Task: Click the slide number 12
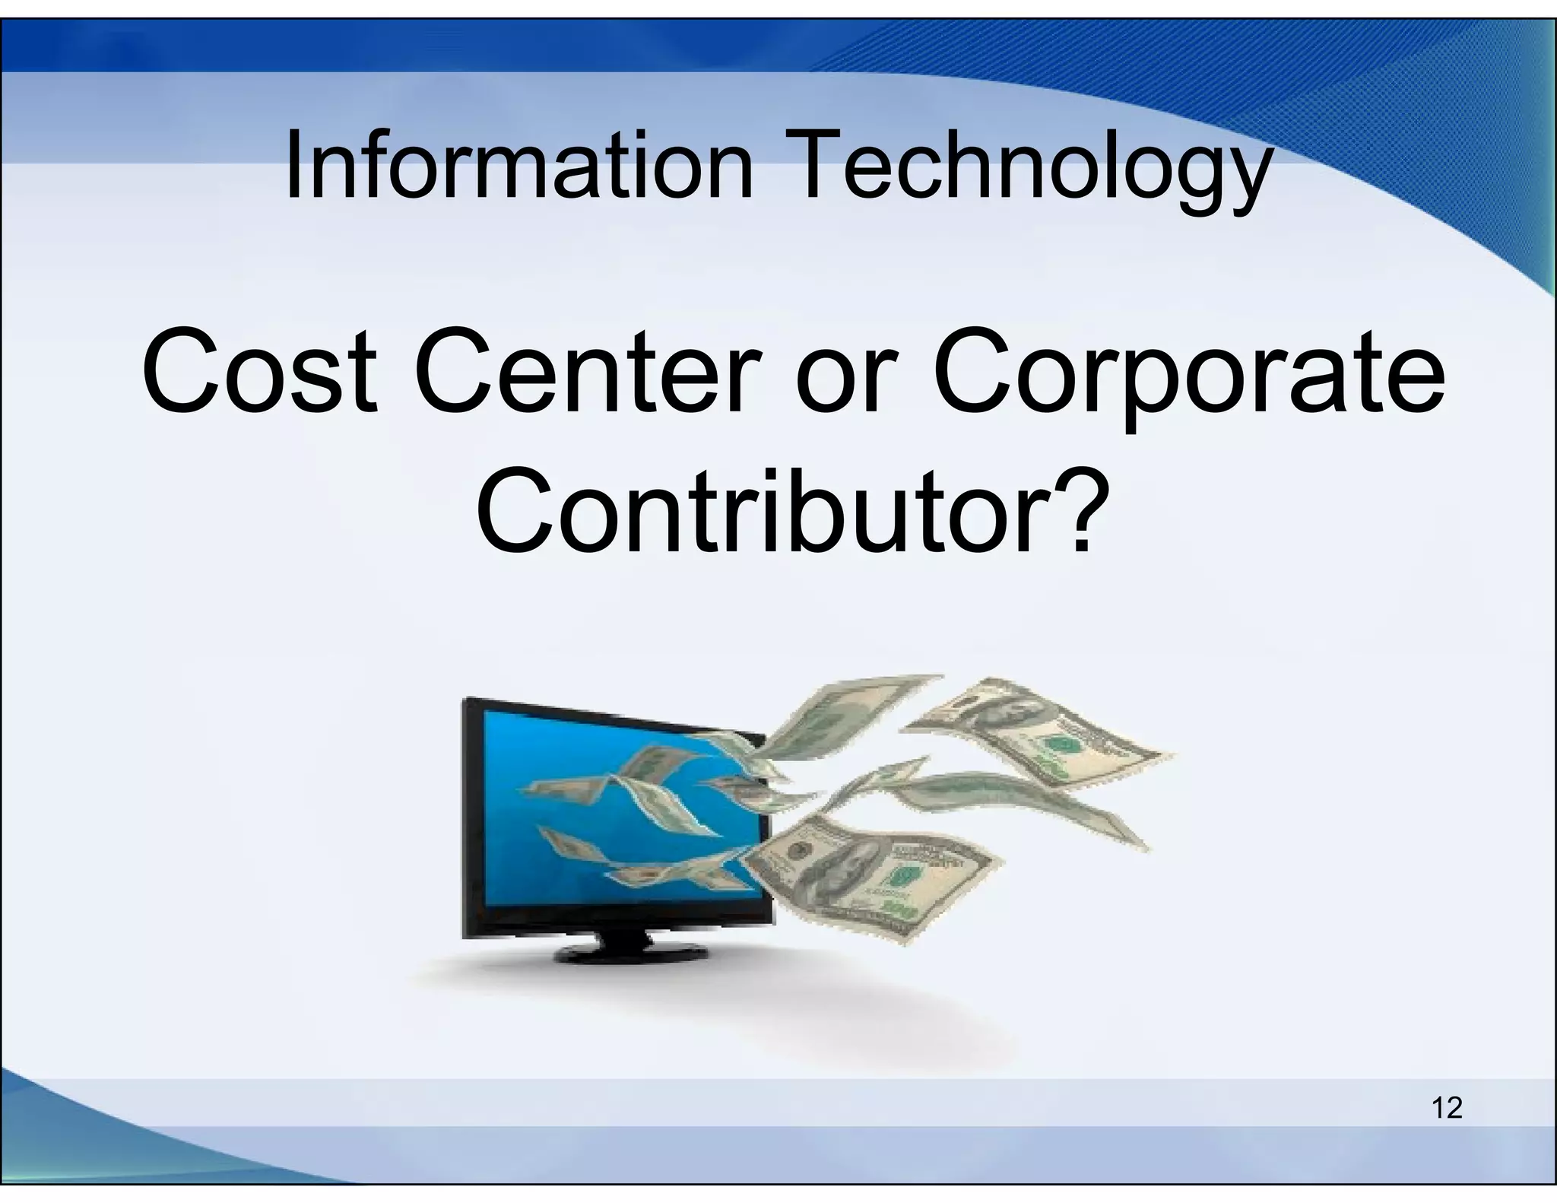pyautogui.click(x=1447, y=1107)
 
